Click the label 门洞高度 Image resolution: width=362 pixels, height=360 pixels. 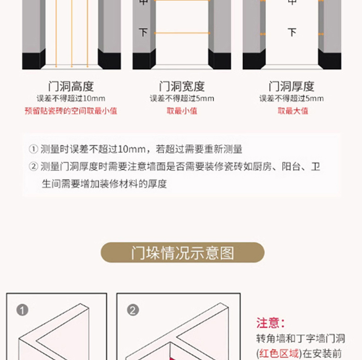pos(71,86)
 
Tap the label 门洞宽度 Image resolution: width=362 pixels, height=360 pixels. pos(181,86)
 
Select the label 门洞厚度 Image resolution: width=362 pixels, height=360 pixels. pos(291,86)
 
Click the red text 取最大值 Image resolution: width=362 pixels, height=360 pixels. pos(293,111)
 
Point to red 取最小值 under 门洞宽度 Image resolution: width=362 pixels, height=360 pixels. pos(181,111)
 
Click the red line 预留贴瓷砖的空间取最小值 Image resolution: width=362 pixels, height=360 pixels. pos(71,111)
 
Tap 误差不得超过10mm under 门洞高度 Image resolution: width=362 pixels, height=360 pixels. pos(71,99)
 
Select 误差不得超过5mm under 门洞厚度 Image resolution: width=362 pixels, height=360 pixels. pos(291,99)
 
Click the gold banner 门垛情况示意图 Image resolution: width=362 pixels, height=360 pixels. pos(182,253)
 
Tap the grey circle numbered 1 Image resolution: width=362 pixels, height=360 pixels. pos(22,310)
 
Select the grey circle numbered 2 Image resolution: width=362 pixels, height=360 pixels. pos(133,310)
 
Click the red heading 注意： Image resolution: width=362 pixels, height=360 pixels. pos(271,322)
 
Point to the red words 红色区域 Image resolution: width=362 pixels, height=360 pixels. pos(279,353)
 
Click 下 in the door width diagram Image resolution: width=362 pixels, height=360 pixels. pos(143,33)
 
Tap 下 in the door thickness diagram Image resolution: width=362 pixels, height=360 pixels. pos(292,33)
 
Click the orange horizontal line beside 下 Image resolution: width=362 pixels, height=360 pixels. pos(181,33)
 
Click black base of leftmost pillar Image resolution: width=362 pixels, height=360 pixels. pos(33,61)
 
